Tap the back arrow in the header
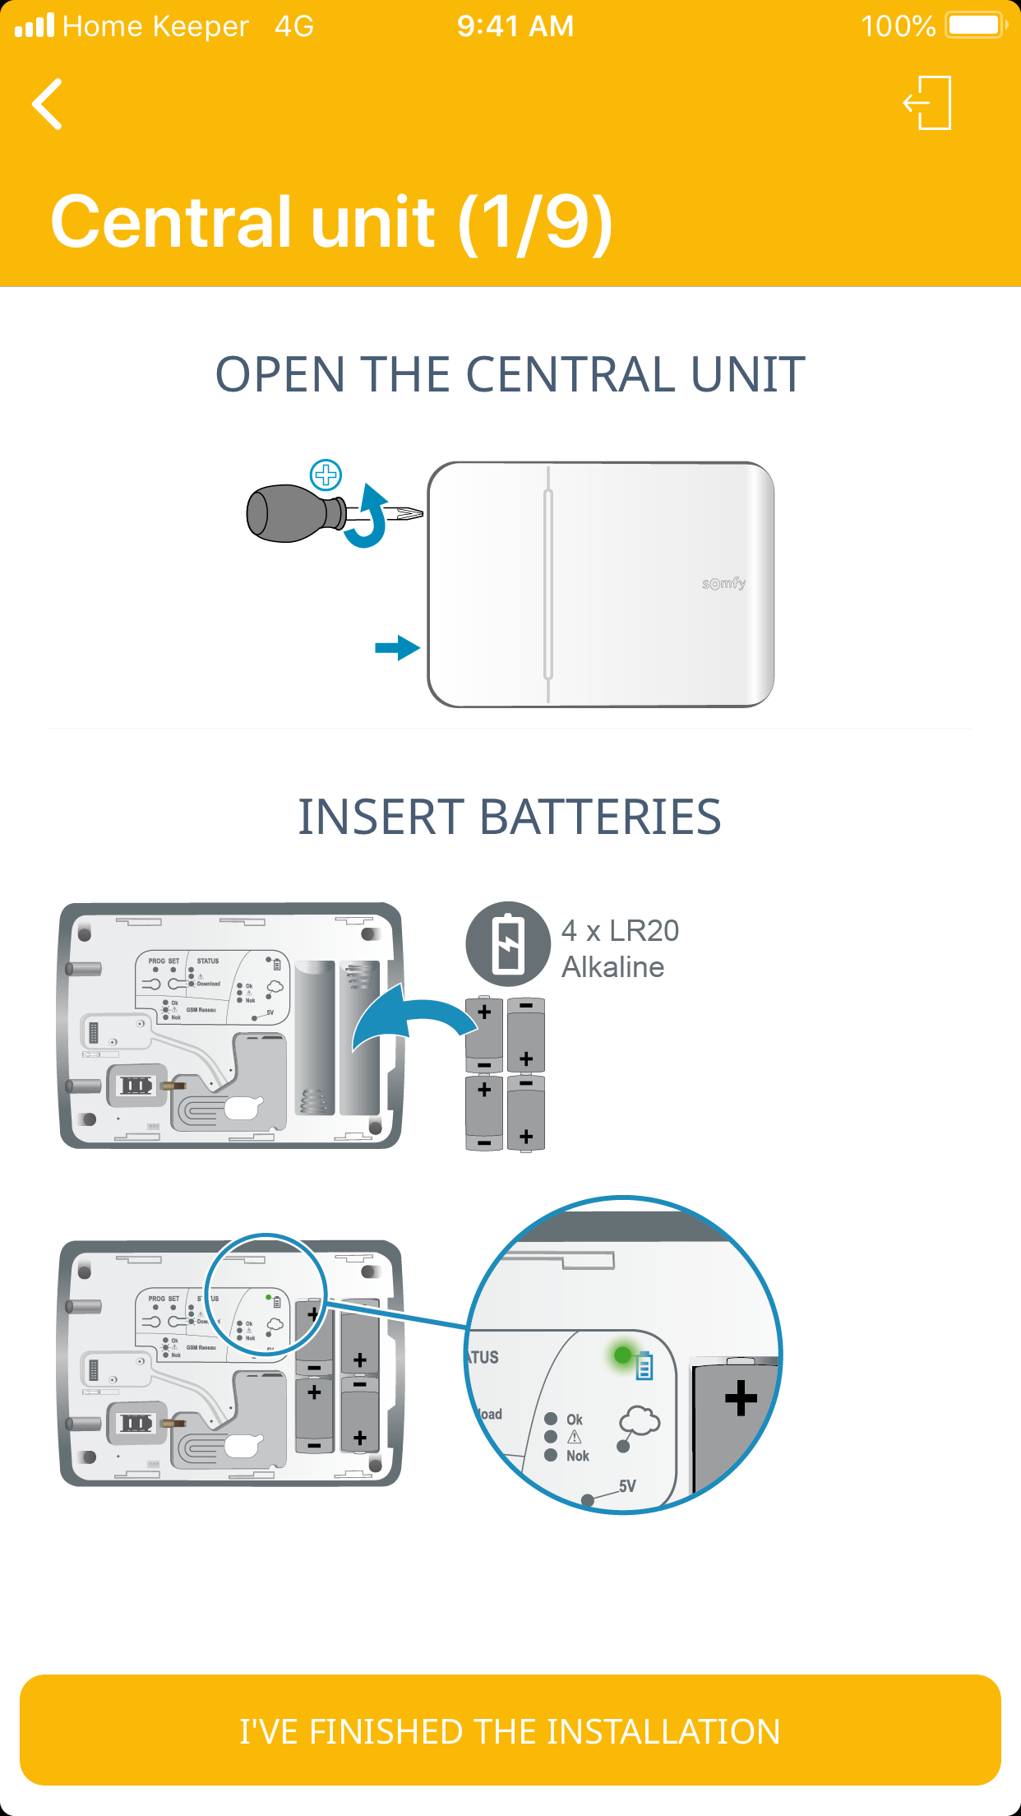pos(48,104)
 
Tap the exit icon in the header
pos(928,103)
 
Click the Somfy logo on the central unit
pos(723,583)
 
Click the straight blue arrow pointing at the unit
pos(397,647)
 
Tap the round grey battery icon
pos(508,943)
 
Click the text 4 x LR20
pos(620,930)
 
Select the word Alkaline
pos(612,967)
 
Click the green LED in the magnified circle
pos(622,1354)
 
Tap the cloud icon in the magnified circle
pos(640,1420)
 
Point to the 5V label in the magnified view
pos(627,1486)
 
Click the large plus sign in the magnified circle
pos(741,1397)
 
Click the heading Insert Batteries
pos(510,817)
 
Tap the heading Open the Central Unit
pos(510,375)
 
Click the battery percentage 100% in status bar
pos(898,26)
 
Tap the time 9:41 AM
pos(515,26)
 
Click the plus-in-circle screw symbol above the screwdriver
pos(326,475)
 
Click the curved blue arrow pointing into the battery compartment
pos(411,1021)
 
